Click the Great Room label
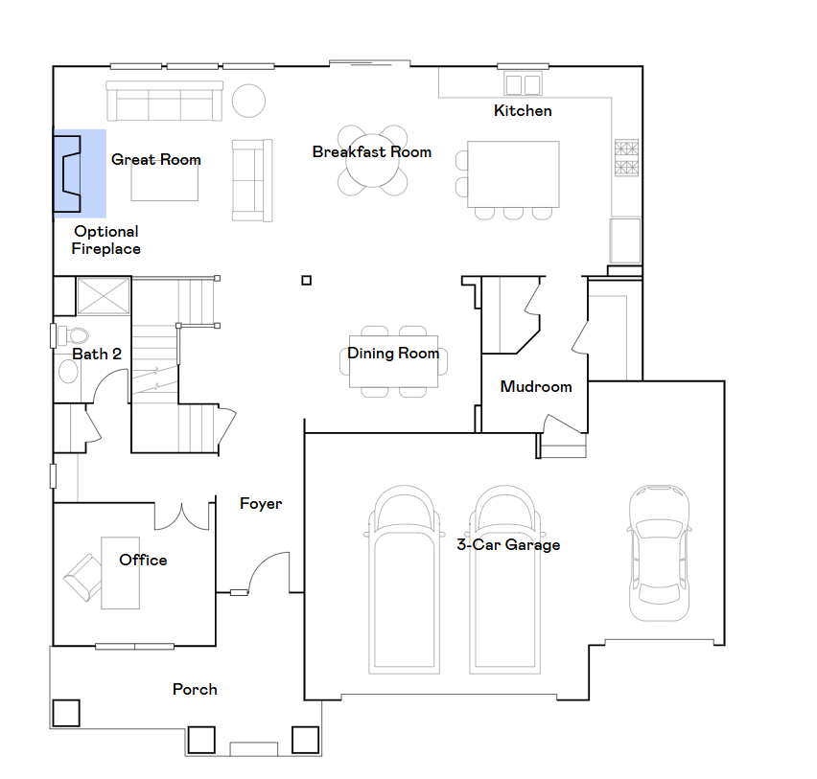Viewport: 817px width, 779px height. click(x=155, y=159)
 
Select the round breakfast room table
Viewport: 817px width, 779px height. click(x=372, y=161)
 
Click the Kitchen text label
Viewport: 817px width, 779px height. click(x=523, y=111)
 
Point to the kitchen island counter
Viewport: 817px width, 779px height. click(x=513, y=173)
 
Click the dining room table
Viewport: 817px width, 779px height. click(x=393, y=361)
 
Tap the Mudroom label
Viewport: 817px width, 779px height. click(x=536, y=387)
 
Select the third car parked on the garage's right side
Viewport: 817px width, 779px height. click(x=659, y=551)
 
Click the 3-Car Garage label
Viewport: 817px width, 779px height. click(x=507, y=545)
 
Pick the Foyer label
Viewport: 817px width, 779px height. click(x=261, y=503)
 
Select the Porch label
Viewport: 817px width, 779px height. click(x=195, y=689)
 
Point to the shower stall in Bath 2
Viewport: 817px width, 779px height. click(x=103, y=295)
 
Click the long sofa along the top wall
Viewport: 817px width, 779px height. click(x=164, y=101)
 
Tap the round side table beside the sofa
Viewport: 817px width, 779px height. click(x=249, y=101)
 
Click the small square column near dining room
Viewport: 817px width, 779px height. click(x=306, y=280)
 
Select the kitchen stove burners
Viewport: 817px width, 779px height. click(x=626, y=159)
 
